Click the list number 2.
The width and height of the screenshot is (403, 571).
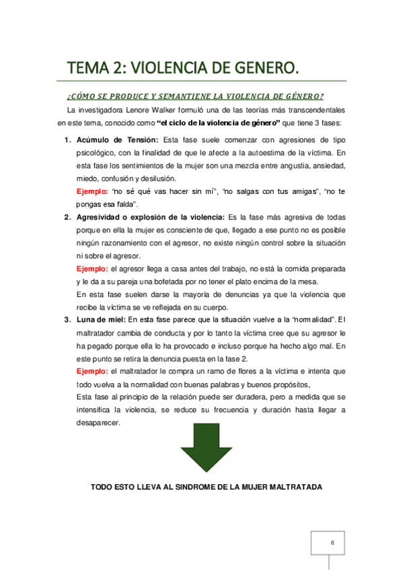[67, 217]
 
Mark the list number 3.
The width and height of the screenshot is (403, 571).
[67, 320]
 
